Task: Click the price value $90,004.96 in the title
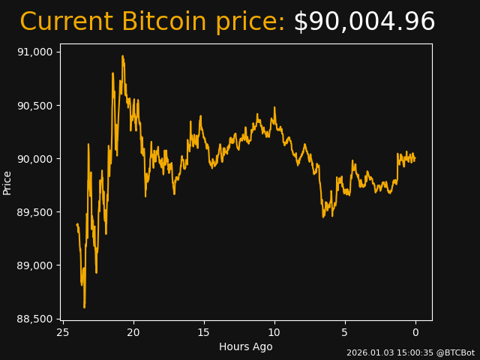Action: (x=364, y=22)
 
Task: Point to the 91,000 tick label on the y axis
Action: (x=35, y=52)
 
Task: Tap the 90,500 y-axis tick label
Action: (x=35, y=105)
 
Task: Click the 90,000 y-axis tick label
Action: (x=35, y=159)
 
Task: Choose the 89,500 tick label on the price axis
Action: (x=35, y=212)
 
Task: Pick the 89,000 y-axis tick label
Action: (x=35, y=265)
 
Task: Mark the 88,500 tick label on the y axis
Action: (x=35, y=319)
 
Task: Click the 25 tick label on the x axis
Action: (x=63, y=332)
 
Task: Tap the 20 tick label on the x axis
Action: (x=133, y=332)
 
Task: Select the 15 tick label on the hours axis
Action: (x=204, y=332)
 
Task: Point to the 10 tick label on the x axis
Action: (x=274, y=332)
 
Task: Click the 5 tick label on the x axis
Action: (x=345, y=332)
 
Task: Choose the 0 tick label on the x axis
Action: (x=415, y=332)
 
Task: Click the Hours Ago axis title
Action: (x=246, y=346)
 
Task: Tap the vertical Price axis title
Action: (x=7, y=182)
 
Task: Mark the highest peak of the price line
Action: (x=122, y=56)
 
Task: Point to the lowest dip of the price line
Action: (x=84, y=307)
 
